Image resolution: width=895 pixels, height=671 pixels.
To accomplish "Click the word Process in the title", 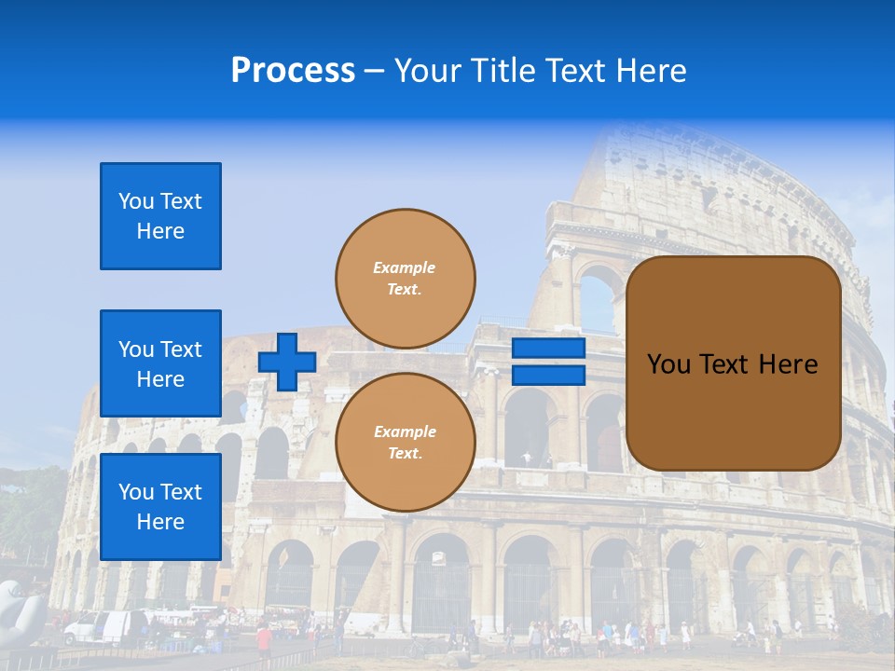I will (x=293, y=71).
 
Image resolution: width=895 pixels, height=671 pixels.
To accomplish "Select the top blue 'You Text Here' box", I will (x=160, y=216).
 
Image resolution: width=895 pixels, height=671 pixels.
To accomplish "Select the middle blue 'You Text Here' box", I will (x=160, y=363).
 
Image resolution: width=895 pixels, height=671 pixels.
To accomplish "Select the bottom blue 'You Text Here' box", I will (x=160, y=506).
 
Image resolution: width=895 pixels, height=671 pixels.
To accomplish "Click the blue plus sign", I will (x=287, y=362).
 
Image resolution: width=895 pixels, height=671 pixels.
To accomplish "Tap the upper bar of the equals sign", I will (x=548, y=349).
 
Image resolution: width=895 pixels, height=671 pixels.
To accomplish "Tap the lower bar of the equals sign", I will (x=548, y=375).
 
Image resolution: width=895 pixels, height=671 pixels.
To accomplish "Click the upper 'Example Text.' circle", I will (x=405, y=278).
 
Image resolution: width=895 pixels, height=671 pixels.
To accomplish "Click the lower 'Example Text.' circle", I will (x=405, y=442).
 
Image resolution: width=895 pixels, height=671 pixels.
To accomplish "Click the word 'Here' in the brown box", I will (x=788, y=364).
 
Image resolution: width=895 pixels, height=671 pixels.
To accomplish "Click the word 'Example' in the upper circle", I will (x=405, y=267).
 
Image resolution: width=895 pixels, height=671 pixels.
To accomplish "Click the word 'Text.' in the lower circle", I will (x=405, y=454).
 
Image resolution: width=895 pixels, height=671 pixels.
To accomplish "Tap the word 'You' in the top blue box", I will (x=135, y=201).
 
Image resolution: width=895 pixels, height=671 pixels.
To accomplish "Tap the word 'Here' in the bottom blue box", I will (x=160, y=522).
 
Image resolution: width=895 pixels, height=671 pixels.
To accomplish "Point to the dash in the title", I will (x=374, y=72).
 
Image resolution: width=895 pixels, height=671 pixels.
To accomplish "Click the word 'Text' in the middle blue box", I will (x=180, y=349).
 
